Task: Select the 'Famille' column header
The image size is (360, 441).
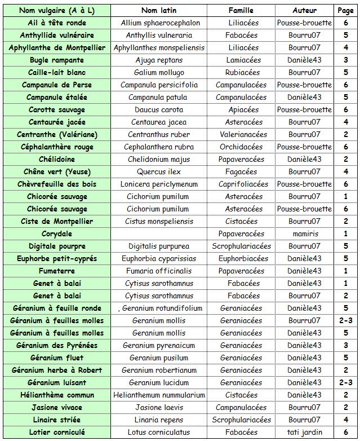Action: point(241,10)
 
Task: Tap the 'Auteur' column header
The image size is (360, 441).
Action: point(304,10)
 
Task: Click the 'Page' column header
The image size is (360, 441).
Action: point(345,10)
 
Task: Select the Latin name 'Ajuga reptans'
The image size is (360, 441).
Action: point(159,60)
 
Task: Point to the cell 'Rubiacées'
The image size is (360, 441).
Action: point(241,72)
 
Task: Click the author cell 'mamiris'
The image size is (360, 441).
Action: point(304,233)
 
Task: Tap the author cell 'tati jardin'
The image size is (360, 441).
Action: point(304,432)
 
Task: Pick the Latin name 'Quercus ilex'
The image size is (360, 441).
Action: point(159,171)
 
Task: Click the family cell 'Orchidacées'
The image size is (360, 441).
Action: point(241,147)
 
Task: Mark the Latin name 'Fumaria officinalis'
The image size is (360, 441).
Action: point(159,271)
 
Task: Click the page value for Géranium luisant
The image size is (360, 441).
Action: point(345,382)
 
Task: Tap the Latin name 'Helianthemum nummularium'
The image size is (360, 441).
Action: point(159,395)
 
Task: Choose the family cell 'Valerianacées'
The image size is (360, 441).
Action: point(241,134)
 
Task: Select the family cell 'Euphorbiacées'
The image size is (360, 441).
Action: point(241,258)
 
